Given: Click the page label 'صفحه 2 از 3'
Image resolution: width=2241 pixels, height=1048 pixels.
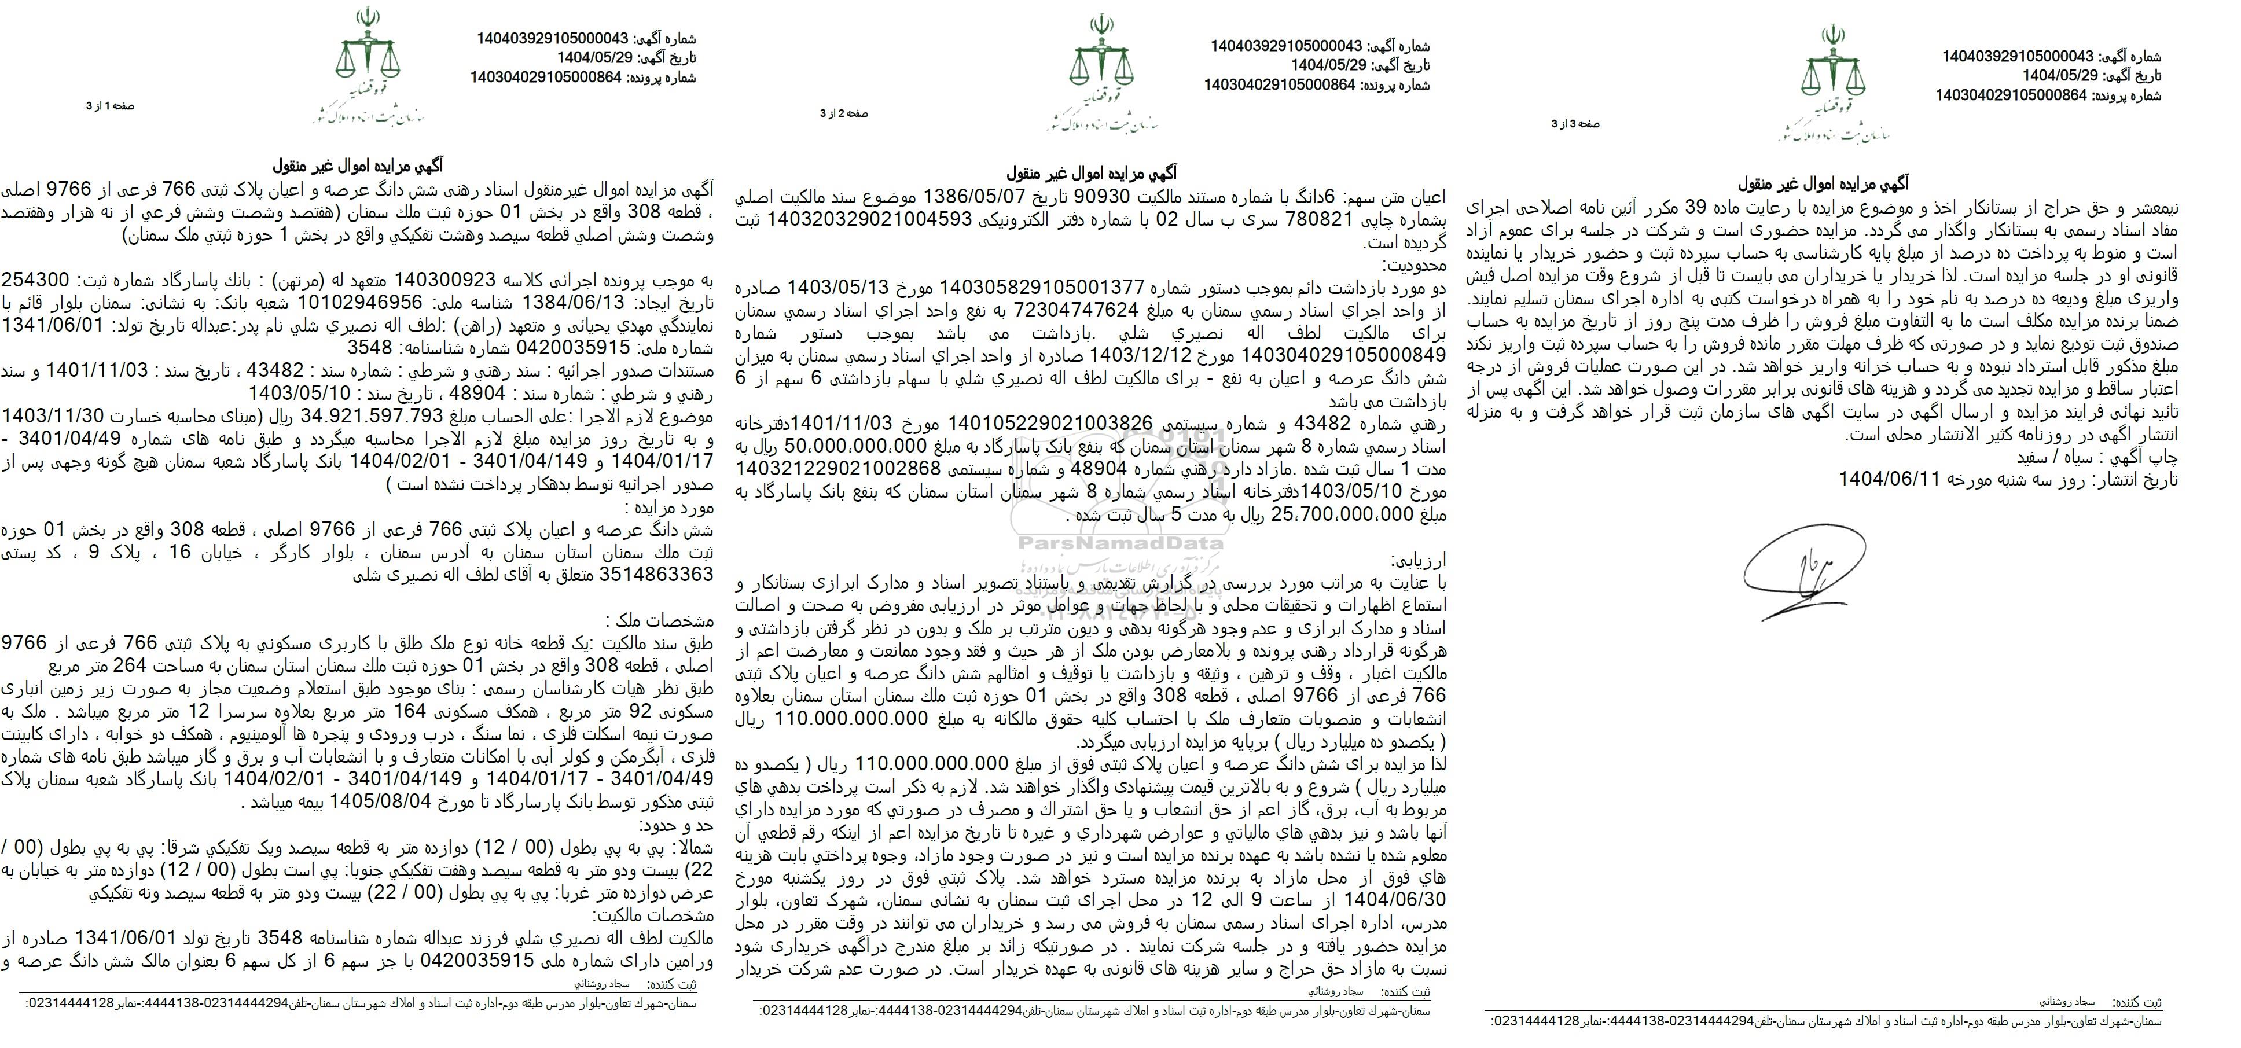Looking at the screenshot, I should tap(844, 114).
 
